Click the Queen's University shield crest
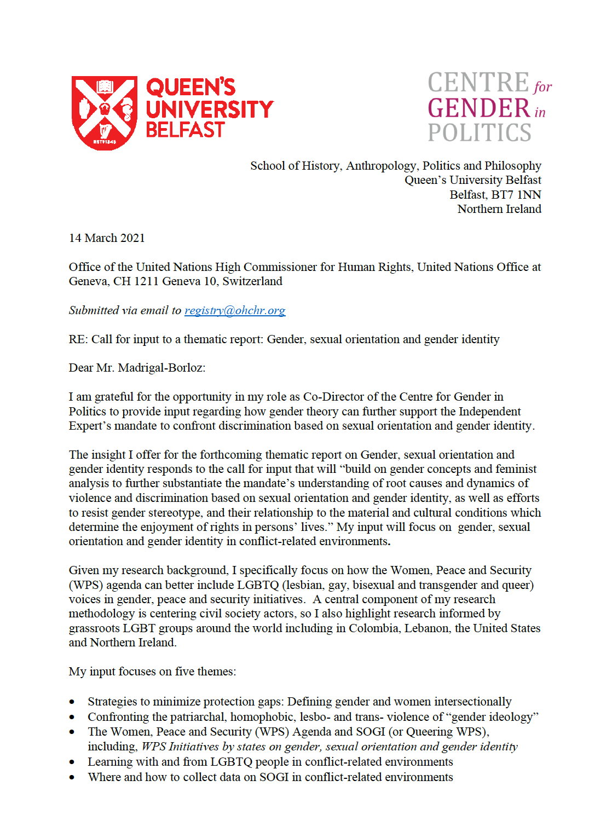[x=104, y=112]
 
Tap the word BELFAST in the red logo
[x=185, y=130]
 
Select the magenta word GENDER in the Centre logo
[x=478, y=108]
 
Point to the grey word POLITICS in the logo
[x=480, y=133]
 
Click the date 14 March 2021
[x=107, y=238]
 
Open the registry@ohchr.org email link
[x=235, y=310]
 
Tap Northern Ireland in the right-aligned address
[x=499, y=209]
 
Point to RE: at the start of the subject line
[x=78, y=339]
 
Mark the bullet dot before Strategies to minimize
[x=72, y=702]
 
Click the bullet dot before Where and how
[x=72, y=778]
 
